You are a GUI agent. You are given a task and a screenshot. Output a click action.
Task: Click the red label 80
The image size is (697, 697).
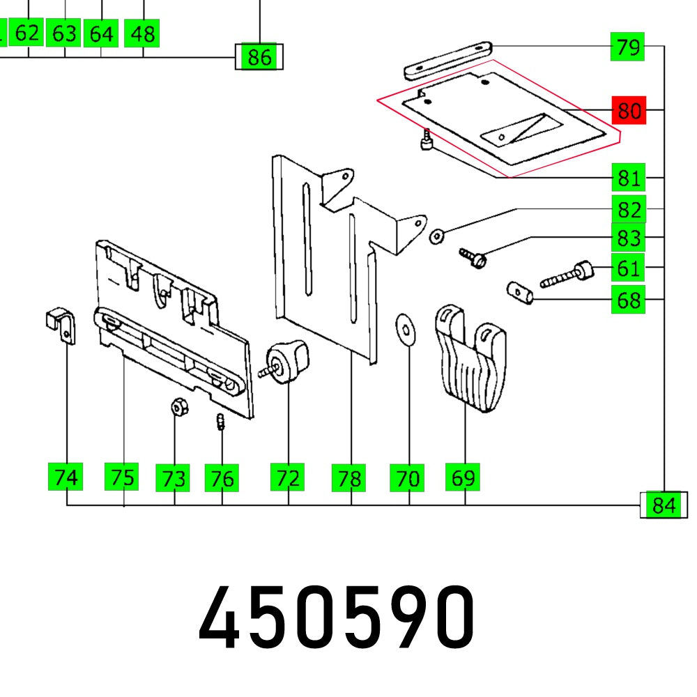[x=629, y=111]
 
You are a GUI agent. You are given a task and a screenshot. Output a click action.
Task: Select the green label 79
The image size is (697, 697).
[x=629, y=48]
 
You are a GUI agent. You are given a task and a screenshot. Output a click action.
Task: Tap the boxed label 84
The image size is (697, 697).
[x=663, y=505]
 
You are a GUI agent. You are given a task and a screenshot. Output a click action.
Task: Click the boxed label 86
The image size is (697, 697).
[x=259, y=56]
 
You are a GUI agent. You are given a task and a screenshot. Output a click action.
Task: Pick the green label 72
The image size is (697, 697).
[x=288, y=478]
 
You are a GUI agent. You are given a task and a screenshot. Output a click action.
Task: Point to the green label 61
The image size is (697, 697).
[x=629, y=268]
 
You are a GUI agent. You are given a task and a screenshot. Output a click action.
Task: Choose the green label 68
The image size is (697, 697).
[x=629, y=300]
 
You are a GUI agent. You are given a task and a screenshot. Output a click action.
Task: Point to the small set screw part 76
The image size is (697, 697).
[x=220, y=422]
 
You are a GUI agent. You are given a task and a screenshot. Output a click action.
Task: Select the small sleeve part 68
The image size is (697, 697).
[x=519, y=293]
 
